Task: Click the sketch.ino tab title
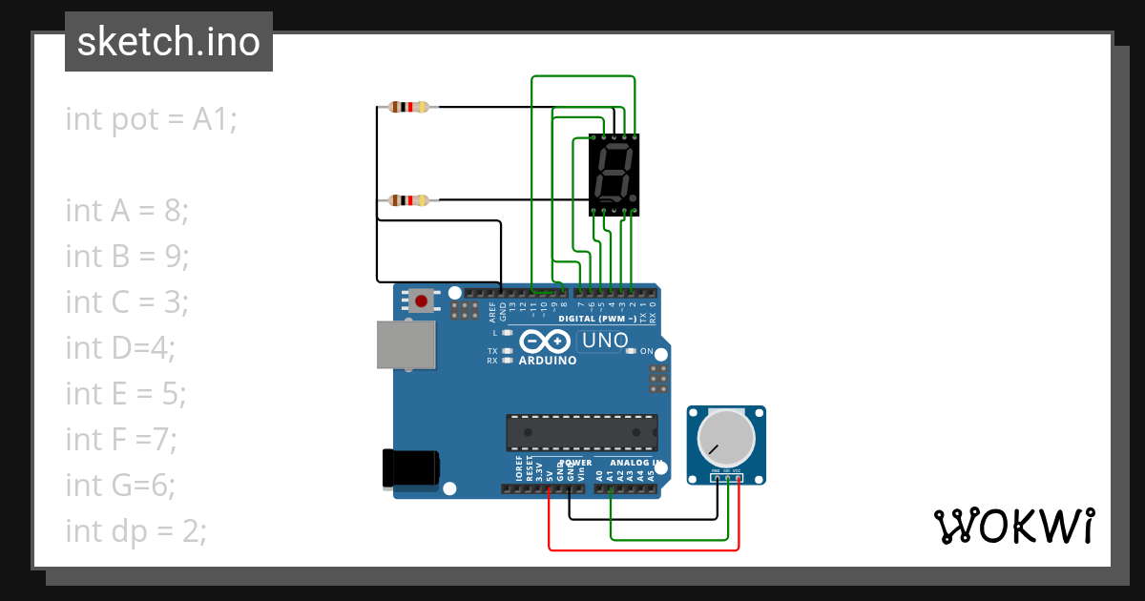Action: pyautogui.click(x=169, y=42)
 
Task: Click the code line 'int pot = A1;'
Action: pyautogui.click(x=151, y=119)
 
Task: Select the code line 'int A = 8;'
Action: pyautogui.click(x=127, y=210)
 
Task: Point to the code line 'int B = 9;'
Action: pyautogui.click(x=127, y=256)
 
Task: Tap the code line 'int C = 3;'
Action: pyautogui.click(x=127, y=301)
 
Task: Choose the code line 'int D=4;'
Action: pyautogui.click(x=120, y=347)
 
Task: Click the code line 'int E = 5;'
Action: pyautogui.click(x=126, y=393)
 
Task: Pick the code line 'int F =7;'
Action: pyautogui.click(x=121, y=439)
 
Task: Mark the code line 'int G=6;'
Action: pyautogui.click(x=120, y=485)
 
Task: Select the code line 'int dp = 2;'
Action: pyautogui.click(x=135, y=530)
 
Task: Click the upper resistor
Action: pyautogui.click(x=409, y=107)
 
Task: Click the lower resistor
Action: pyautogui.click(x=409, y=200)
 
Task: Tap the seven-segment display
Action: pyautogui.click(x=614, y=174)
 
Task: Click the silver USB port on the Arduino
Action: pyautogui.click(x=406, y=344)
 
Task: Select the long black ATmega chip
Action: pyautogui.click(x=581, y=432)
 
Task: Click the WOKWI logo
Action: pyautogui.click(x=1013, y=526)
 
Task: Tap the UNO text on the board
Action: pyautogui.click(x=605, y=341)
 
